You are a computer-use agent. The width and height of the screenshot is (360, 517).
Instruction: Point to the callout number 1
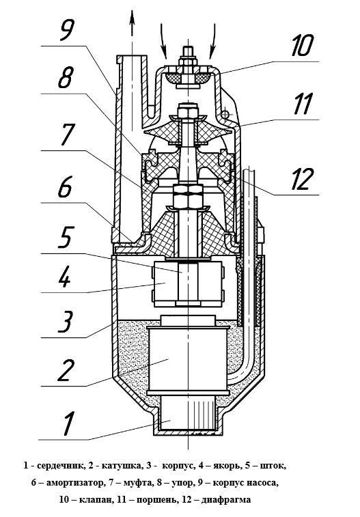coord(68,423)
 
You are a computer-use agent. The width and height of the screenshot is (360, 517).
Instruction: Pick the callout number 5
coord(66,237)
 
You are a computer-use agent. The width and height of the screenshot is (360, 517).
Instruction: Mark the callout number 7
coord(67,134)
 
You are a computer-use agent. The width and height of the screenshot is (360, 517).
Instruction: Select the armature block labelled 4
coord(188,283)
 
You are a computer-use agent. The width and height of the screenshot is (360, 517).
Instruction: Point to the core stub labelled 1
coord(187,413)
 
